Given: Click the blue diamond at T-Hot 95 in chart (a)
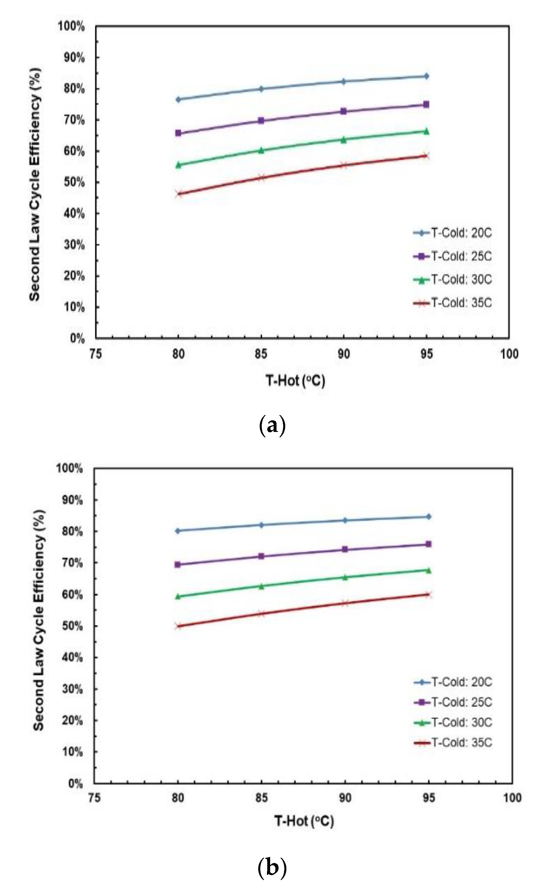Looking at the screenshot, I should pyautogui.click(x=426, y=76).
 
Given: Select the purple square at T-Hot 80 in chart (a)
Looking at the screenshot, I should pyautogui.click(x=178, y=133).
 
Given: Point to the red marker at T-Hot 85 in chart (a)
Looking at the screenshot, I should pyautogui.click(x=261, y=177).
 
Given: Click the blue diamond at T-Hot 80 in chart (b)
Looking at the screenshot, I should pyautogui.click(x=178, y=531).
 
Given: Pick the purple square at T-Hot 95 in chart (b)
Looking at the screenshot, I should pyautogui.click(x=428, y=544).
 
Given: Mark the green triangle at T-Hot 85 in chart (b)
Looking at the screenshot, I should pyautogui.click(x=261, y=586).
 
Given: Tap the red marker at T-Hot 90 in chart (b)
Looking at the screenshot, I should pyautogui.click(x=345, y=603).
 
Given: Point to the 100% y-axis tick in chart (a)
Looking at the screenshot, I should pyautogui.click(x=71, y=27).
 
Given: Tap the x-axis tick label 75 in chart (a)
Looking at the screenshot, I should pyautogui.click(x=96, y=354).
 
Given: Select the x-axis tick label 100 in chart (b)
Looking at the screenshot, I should pyautogui.click(x=512, y=797).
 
